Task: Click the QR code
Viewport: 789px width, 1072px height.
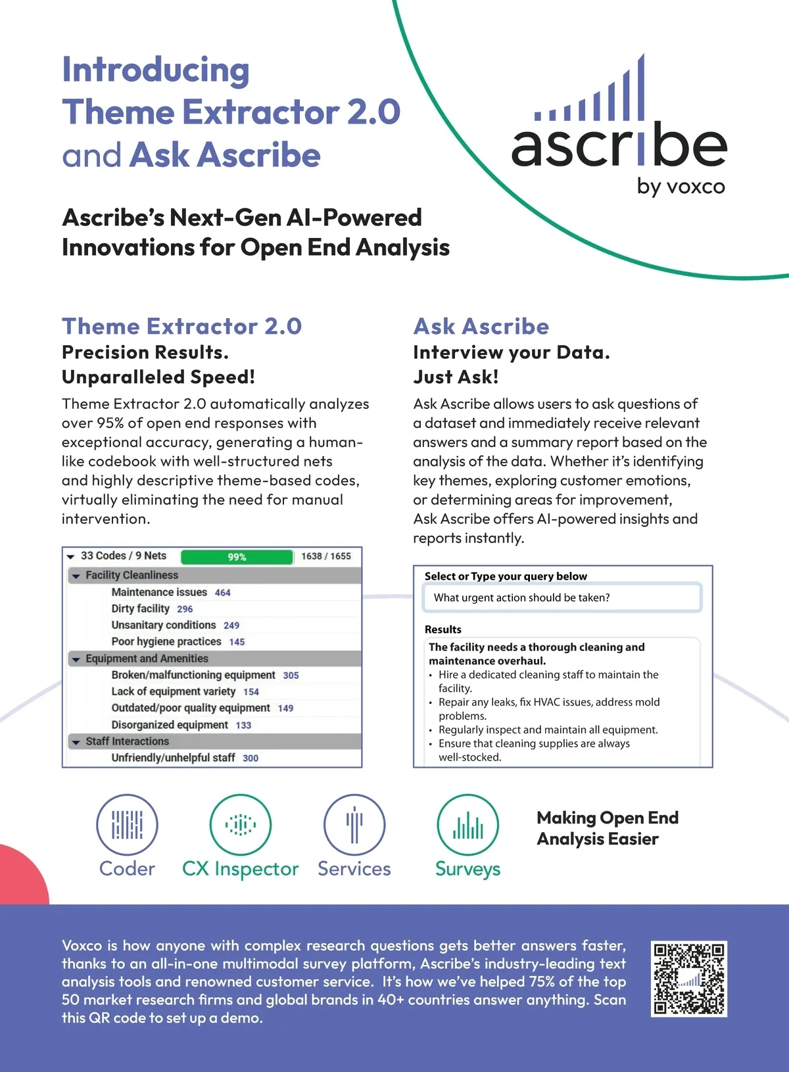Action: tap(688, 979)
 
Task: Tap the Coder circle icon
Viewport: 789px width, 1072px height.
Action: tap(127, 824)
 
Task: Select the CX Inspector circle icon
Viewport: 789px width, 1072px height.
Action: tap(241, 824)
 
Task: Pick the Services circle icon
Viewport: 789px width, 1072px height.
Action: tap(354, 824)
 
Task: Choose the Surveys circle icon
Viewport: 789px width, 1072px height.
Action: tap(468, 824)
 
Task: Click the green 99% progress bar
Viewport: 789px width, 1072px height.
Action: tap(237, 557)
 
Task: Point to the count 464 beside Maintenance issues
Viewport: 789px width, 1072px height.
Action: tap(223, 593)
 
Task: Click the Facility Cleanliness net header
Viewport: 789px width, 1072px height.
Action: tap(131, 575)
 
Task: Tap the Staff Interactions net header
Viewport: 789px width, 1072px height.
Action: tap(127, 741)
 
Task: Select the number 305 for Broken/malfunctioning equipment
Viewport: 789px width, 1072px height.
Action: tap(291, 676)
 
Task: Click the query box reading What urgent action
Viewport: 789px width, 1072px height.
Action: tap(562, 597)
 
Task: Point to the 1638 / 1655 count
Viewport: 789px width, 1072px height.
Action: tap(326, 556)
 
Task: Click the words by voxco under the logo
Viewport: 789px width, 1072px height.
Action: tap(681, 187)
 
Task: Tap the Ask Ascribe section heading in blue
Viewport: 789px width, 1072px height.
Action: tap(481, 326)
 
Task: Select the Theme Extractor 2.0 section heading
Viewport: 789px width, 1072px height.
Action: tap(181, 326)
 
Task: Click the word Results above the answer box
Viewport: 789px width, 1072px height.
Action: tap(443, 629)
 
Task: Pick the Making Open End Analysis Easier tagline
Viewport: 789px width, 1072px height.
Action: tap(608, 828)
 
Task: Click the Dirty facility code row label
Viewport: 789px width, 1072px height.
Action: tap(140, 609)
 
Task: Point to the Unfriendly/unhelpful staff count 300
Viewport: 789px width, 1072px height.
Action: tap(251, 758)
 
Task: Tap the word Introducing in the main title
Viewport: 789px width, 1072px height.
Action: tap(156, 70)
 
